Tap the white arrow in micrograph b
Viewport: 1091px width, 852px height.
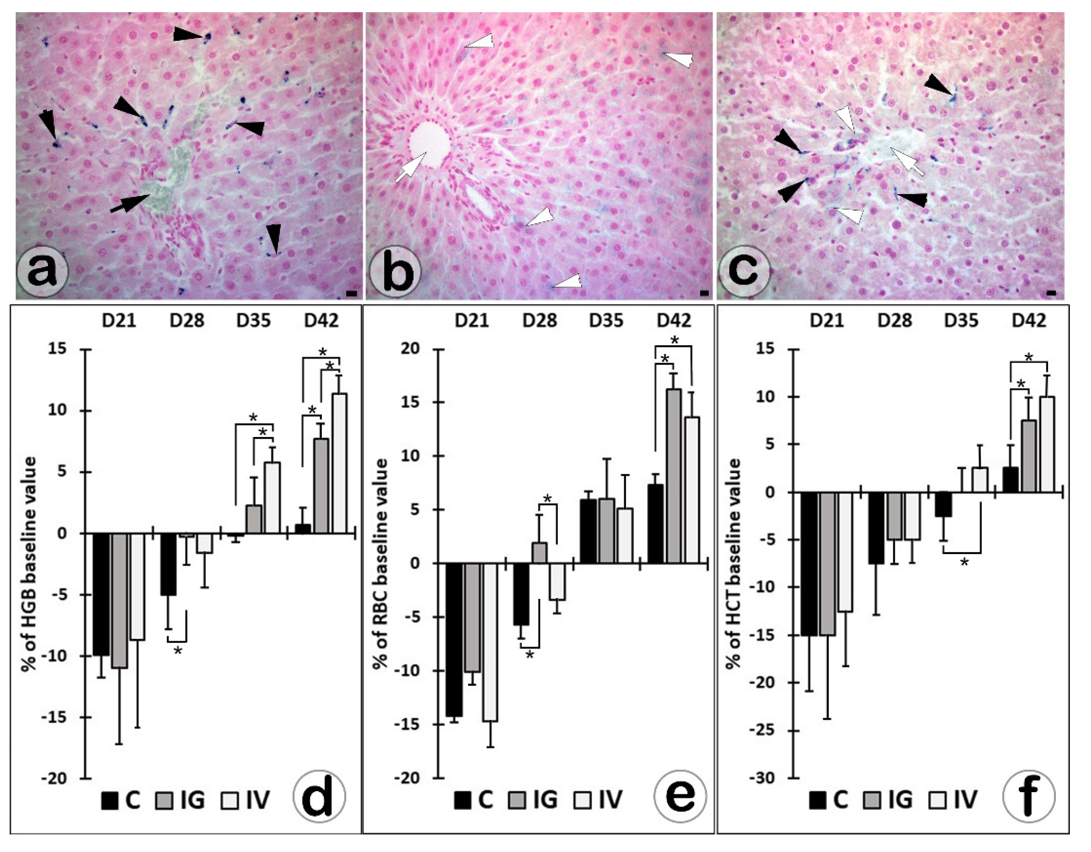411,167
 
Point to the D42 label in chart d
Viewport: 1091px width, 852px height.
321,320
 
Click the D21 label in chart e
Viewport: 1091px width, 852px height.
472,320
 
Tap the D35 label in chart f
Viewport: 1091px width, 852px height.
962,320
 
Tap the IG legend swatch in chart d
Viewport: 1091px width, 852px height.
165,800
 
